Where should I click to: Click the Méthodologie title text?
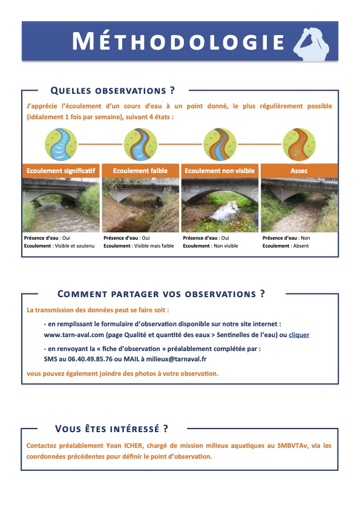click(x=178, y=41)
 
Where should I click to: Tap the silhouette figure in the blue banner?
click(x=312, y=44)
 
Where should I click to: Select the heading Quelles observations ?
click(x=113, y=91)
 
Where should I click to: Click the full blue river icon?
click(x=61, y=144)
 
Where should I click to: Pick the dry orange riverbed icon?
click(x=299, y=144)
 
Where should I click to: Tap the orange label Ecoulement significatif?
click(x=61, y=171)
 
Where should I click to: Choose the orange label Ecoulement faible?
click(x=140, y=171)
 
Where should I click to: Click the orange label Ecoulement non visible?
click(x=220, y=171)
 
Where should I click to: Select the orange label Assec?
click(x=299, y=171)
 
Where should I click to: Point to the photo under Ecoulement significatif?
click(x=61, y=205)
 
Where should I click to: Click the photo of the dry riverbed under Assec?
click(x=299, y=205)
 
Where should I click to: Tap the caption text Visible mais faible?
click(x=154, y=246)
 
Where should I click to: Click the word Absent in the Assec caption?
click(x=301, y=246)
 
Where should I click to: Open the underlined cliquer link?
click(x=299, y=335)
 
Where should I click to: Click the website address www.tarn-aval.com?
click(x=74, y=335)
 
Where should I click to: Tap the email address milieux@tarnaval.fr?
click(x=176, y=359)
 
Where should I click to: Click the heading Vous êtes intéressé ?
click(x=112, y=429)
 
